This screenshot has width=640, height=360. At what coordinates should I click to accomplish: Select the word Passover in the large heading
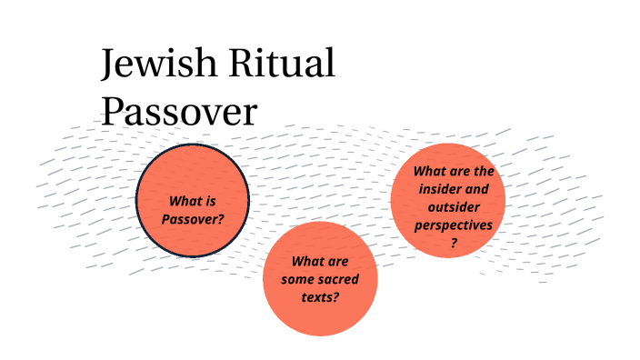(x=179, y=111)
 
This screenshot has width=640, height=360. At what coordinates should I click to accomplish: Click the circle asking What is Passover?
(x=193, y=200)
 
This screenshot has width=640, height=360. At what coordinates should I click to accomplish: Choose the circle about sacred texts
(x=320, y=277)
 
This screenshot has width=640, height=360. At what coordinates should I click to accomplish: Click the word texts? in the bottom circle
(x=320, y=295)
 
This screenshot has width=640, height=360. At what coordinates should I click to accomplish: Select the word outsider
(x=455, y=206)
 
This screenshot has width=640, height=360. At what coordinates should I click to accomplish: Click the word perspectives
(x=454, y=224)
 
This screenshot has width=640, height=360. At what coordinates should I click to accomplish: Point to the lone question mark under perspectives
(x=454, y=242)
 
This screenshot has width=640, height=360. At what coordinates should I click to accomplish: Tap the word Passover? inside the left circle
(x=193, y=218)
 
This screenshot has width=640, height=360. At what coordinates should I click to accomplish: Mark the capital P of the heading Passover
(x=112, y=111)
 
